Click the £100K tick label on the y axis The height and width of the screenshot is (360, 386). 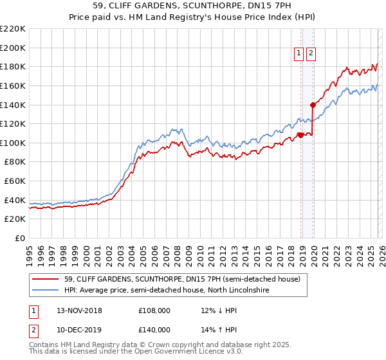pos(12,143)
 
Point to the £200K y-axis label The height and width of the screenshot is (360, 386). pos(12,48)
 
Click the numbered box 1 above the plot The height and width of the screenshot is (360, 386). pos(300,54)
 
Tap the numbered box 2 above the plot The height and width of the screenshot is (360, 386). pos(311,54)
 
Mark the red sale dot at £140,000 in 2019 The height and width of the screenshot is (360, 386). pos(313,105)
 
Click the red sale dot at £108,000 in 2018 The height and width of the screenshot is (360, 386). pos(300,135)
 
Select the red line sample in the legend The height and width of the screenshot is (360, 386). pos(46,279)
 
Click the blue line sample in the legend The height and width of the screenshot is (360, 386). pos(46,291)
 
